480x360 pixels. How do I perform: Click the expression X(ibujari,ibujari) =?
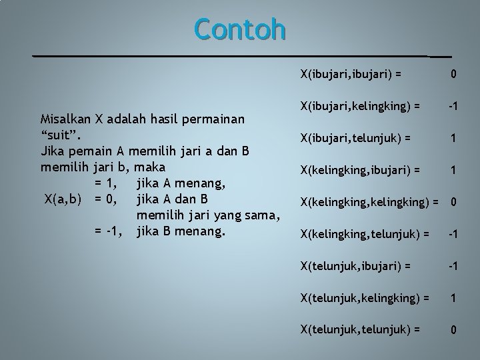(x=351, y=73)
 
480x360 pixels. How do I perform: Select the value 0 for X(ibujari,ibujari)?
(x=453, y=74)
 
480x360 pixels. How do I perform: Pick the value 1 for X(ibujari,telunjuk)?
(x=453, y=138)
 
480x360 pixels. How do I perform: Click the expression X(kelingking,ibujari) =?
(x=360, y=170)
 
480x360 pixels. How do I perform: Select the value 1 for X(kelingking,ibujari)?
(x=453, y=170)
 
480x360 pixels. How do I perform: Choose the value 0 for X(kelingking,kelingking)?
(x=453, y=201)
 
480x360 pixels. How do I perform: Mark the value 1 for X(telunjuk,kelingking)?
(x=453, y=297)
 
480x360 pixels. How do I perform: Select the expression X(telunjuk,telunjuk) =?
(x=359, y=329)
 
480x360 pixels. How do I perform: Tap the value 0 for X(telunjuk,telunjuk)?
(x=453, y=329)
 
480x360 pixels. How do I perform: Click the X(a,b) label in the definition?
(x=63, y=199)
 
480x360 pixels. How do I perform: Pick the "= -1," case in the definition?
(x=110, y=231)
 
